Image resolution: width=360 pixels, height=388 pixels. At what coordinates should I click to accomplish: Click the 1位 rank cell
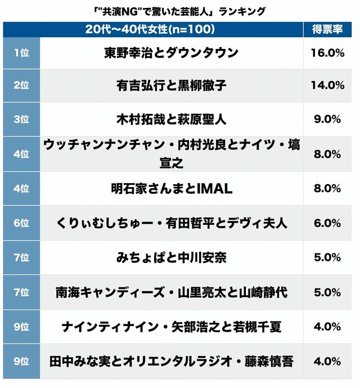click(21, 53)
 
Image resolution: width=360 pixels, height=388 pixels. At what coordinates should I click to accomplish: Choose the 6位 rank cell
click(21, 223)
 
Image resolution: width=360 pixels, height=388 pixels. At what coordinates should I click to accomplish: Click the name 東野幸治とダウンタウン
click(171, 53)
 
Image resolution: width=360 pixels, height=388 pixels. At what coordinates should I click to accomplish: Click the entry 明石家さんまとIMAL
click(171, 189)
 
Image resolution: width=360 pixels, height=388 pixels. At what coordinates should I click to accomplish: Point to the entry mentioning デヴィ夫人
click(171, 223)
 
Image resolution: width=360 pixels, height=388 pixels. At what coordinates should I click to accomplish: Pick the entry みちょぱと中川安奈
click(171, 257)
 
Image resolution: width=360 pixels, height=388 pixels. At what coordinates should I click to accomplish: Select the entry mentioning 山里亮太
click(171, 292)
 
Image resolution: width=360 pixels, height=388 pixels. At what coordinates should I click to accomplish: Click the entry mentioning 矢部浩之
click(171, 327)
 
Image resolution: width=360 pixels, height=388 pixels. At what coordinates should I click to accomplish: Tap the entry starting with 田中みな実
click(171, 362)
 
